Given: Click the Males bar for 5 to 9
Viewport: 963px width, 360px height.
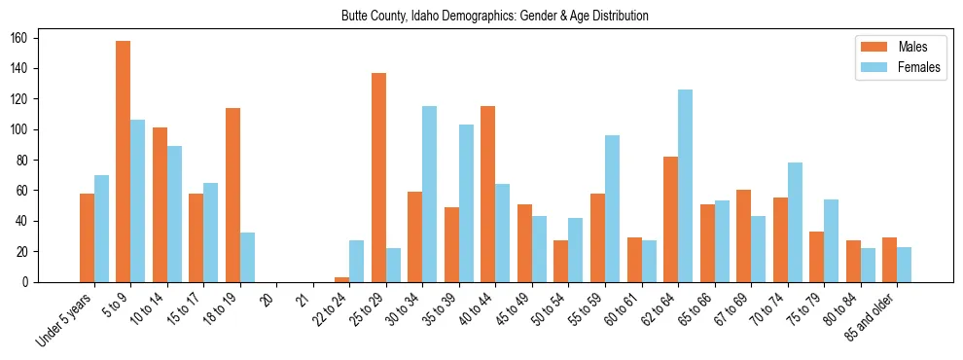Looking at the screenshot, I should pyautogui.click(x=124, y=162).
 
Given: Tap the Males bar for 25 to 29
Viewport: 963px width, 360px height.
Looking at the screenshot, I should pyautogui.click(x=378, y=177).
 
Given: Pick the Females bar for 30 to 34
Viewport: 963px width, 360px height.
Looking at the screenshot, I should pyautogui.click(x=430, y=195).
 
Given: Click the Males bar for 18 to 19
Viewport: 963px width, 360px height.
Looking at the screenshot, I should pyautogui.click(x=232, y=195).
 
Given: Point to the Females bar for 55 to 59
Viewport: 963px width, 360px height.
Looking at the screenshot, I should pyautogui.click(x=612, y=208).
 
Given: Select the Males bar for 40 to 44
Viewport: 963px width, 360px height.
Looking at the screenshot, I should pyautogui.click(x=488, y=195).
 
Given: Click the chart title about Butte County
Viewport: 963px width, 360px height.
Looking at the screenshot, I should pyautogui.click(x=495, y=17).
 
